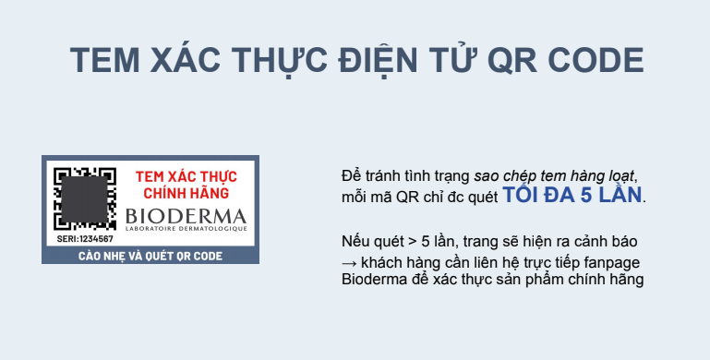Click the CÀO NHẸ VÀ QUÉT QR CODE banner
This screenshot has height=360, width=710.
[x=150, y=255]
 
